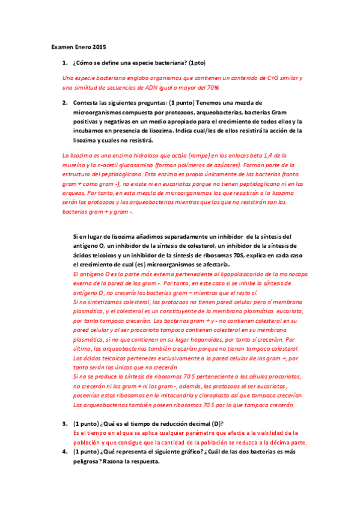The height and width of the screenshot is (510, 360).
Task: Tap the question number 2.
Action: tap(64, 103)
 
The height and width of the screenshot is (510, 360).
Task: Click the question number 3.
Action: tap(64, 423)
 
